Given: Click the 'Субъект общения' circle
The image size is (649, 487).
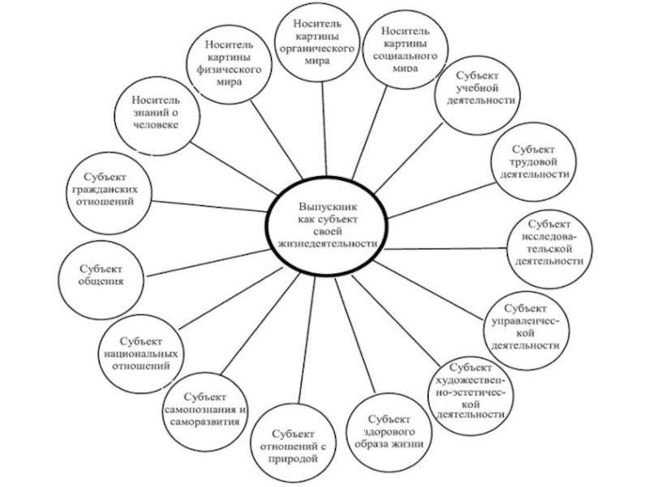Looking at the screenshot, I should pos(101,274).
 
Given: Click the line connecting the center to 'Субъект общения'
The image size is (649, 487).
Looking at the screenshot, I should pos(207,254).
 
